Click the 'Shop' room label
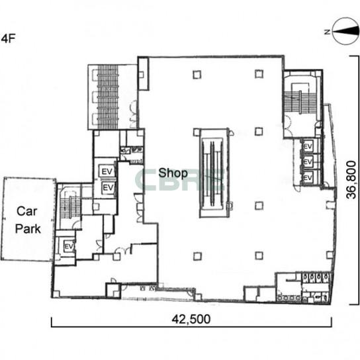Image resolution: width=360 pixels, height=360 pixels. click(173, 173)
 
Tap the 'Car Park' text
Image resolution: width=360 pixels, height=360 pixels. click(28, 220)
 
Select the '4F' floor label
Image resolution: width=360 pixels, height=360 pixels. click(8, 38)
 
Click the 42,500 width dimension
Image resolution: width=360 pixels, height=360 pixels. click(191, 319)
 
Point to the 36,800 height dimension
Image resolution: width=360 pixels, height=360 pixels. click(351, 180)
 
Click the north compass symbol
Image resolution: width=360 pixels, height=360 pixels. click(345, 31)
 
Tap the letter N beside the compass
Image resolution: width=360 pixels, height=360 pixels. click(327, 32)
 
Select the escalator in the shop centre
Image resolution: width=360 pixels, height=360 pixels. click(212, 173)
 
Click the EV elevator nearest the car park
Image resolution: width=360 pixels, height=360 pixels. click(69, 247)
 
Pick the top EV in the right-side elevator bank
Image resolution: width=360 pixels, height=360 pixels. click(308, 146)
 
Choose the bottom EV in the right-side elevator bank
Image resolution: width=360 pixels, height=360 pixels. click(308, 178)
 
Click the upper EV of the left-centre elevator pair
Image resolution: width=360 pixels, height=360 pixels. click(107, 171)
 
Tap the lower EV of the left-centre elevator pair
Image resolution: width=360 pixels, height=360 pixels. click(108, 188)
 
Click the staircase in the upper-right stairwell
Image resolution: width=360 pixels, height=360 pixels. click(300, 101)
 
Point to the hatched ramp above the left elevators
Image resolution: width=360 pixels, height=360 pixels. click(108, 97)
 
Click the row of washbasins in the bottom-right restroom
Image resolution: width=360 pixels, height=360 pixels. click(289, 298)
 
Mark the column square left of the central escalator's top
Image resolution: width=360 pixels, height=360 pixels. click(197, 132)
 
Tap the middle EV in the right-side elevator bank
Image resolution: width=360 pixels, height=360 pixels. click(308, 162)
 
